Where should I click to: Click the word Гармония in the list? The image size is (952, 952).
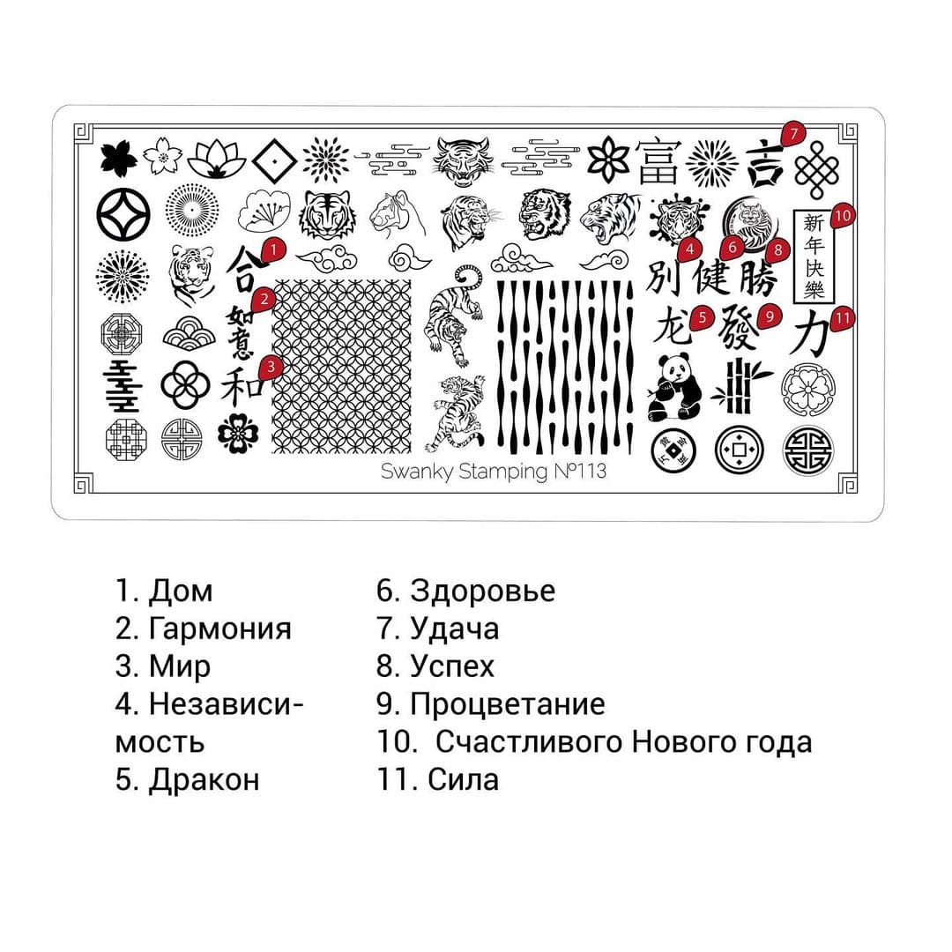pos(219,628)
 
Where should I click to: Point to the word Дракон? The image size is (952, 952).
pos(204,780)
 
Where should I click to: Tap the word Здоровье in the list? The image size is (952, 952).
pos(483,591)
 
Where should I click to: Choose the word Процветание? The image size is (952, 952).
pos(507,704)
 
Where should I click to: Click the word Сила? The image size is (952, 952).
pos(463,780)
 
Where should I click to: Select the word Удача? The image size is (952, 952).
pos(454,628)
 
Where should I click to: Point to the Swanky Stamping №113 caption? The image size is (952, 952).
pos(493,471)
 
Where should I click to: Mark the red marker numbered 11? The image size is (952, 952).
pos(843,317)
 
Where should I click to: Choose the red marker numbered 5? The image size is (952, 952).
pos(702,316)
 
